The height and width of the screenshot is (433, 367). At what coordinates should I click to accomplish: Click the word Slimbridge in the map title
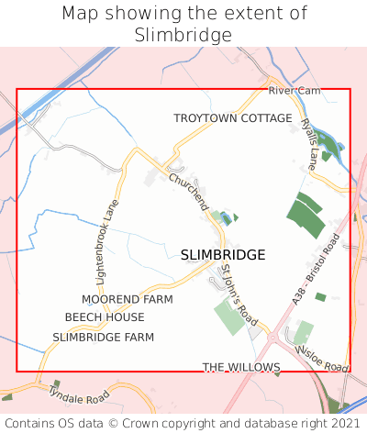pos(183,34)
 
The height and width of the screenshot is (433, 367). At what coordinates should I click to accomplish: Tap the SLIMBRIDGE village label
pos(223,254)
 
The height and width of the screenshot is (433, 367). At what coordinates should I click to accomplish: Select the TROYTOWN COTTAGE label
pos(233,119)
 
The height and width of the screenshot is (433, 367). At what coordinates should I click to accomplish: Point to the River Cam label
pos(294,91)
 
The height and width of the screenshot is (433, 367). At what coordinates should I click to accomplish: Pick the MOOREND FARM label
pos(127,300)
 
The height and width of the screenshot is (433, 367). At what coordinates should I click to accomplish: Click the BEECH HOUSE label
pos(105,317)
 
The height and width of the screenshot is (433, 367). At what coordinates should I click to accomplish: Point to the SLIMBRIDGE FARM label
pos(103,337)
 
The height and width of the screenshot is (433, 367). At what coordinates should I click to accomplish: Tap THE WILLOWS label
pos(240,367)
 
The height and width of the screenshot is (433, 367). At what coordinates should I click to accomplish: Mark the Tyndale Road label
pos(78,396)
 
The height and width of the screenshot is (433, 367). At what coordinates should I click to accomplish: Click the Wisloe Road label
pos(322,360)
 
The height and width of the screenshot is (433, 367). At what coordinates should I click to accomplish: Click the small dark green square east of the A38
pos(320,296)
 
